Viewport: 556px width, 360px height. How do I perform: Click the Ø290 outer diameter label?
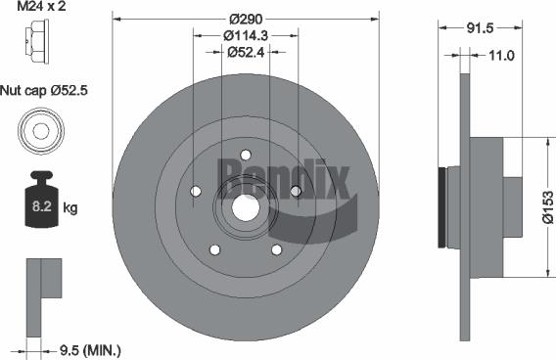point(245,19)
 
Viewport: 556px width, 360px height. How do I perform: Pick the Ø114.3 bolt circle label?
point(245,36)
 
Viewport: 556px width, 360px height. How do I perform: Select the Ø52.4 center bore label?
point(246,53)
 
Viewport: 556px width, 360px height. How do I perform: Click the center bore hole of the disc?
point(245,207)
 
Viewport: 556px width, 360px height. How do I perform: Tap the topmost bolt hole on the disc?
point(246,155)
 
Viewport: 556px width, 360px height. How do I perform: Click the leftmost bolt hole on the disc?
point(195,191)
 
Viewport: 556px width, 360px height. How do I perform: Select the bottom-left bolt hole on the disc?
point(214,250)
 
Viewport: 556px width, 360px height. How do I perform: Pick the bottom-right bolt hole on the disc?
point(276,250)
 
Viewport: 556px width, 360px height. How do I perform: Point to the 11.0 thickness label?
point(500,56)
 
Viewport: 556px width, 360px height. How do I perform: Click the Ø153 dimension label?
point(547,206)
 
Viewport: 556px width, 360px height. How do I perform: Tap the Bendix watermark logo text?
point(284,177)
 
